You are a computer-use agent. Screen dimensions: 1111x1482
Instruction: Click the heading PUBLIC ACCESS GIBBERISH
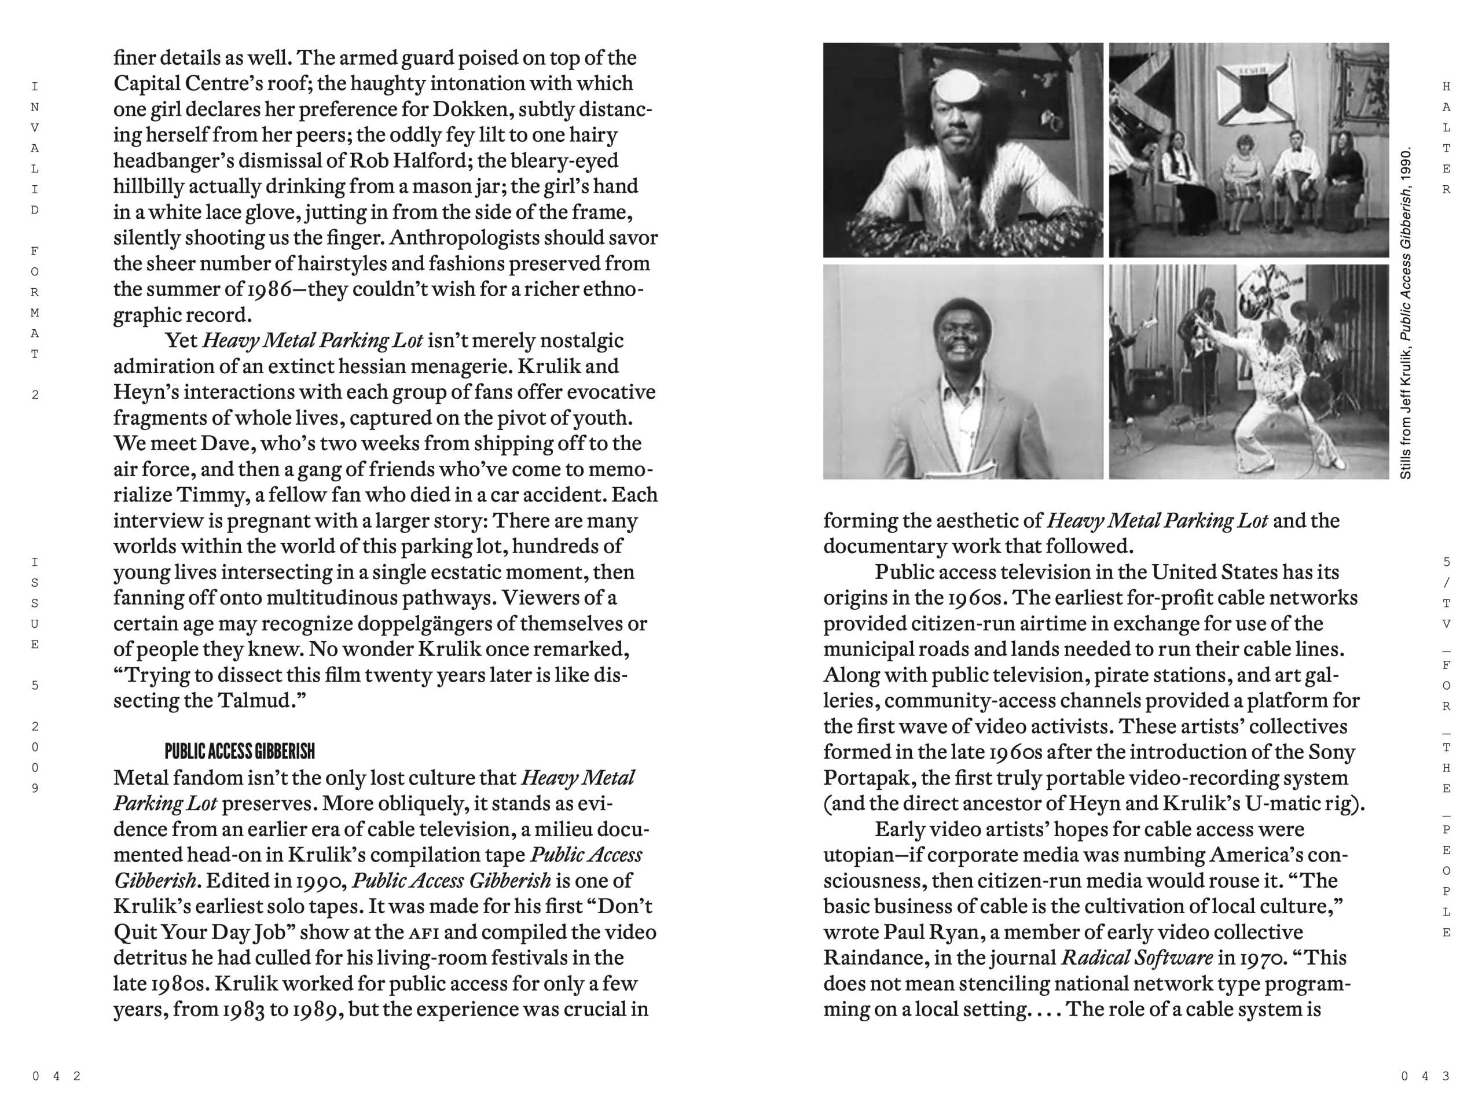(239, 752)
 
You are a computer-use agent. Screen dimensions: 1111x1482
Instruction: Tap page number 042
(56, 1076)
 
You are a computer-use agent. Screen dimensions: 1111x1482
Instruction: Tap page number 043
(1424, 1076)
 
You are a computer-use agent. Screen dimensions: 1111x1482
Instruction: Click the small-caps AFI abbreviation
(423, 932)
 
